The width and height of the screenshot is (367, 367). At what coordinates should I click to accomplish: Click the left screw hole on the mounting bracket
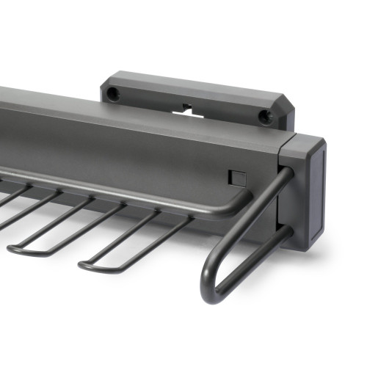112,94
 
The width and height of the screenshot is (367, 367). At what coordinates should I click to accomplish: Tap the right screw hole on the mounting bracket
266,116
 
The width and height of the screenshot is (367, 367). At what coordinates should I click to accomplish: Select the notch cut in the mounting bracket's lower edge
188,109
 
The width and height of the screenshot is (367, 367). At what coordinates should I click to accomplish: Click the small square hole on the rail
237,177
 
